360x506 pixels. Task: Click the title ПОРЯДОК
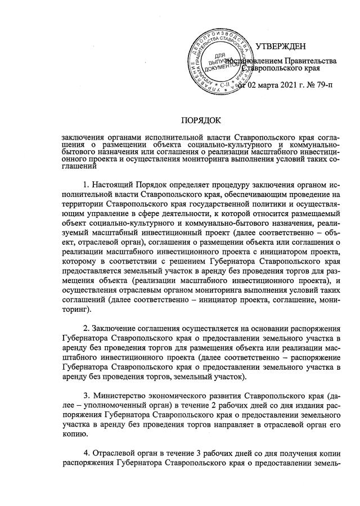click(201, 119)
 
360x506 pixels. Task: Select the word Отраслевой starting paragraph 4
click(116, 450)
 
